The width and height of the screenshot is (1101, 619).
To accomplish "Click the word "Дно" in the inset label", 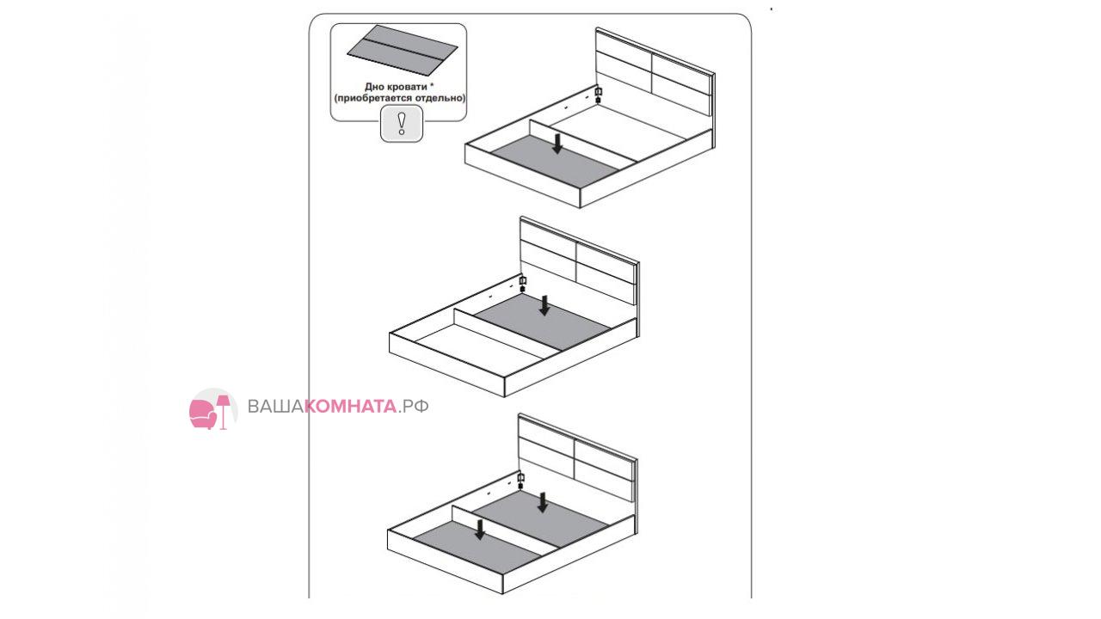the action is coord(375,87).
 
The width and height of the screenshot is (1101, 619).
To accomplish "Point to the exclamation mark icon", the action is coord(402,124).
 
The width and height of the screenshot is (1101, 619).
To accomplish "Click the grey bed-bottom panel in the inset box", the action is coord(403,50).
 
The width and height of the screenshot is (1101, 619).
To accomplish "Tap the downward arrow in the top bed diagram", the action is coord(557,143).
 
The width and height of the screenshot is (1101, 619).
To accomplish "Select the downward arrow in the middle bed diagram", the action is coord(544,305).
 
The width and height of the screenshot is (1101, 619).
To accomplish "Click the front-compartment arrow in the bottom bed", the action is coord(480,530).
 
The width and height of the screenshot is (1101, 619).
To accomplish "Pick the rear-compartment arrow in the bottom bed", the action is coord(543,503).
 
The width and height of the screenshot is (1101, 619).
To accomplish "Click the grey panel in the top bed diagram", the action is coord(555,161).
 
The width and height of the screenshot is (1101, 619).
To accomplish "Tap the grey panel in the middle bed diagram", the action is coord(543,322).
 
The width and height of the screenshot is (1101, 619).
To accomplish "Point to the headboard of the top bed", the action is coord(655,73).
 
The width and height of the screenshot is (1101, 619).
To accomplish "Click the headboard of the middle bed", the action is coord(580,260).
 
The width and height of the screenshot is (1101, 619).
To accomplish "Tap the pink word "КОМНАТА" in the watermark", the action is coord(350,407).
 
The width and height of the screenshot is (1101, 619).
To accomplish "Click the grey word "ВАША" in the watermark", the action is coord(275,407).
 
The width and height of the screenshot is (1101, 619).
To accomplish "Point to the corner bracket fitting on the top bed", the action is coord(599,95).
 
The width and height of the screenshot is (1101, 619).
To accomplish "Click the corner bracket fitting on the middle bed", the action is coord(522,284).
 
